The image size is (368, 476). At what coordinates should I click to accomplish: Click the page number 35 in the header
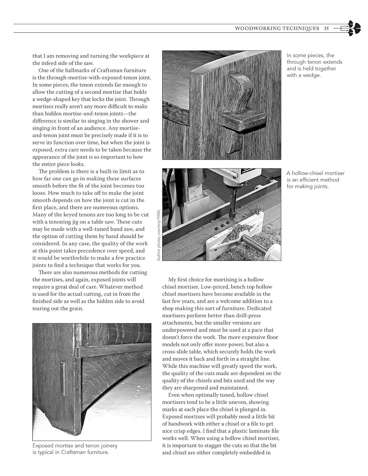pos(326,28)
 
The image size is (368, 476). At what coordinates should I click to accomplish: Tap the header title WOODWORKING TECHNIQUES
pos(277,28)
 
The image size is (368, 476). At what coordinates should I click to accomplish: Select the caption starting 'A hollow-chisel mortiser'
pos(315,180)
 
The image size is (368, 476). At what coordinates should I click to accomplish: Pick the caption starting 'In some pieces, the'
pos(314,65)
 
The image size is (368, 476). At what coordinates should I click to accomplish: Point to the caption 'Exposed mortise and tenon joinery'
pos(75,449)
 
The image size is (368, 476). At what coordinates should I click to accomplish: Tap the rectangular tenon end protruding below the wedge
pos(241,122)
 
